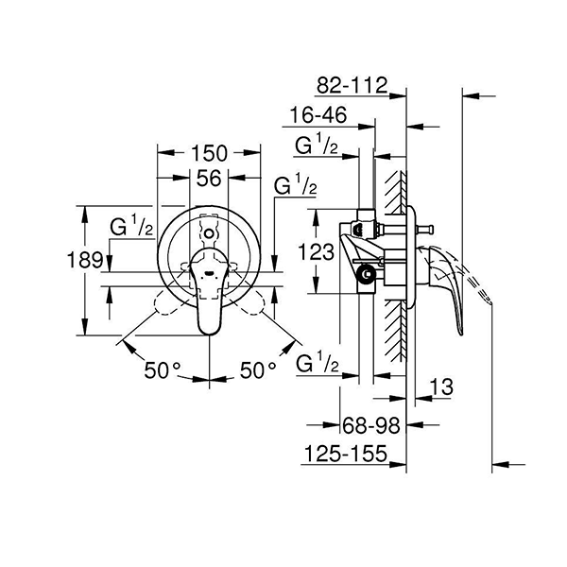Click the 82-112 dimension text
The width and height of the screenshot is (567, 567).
352,86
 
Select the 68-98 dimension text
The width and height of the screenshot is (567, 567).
369,427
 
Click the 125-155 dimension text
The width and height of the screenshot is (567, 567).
346,455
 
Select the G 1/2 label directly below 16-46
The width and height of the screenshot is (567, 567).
318,145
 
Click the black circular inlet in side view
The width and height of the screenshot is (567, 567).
366,276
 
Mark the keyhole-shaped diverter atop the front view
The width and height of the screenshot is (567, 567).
208,231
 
